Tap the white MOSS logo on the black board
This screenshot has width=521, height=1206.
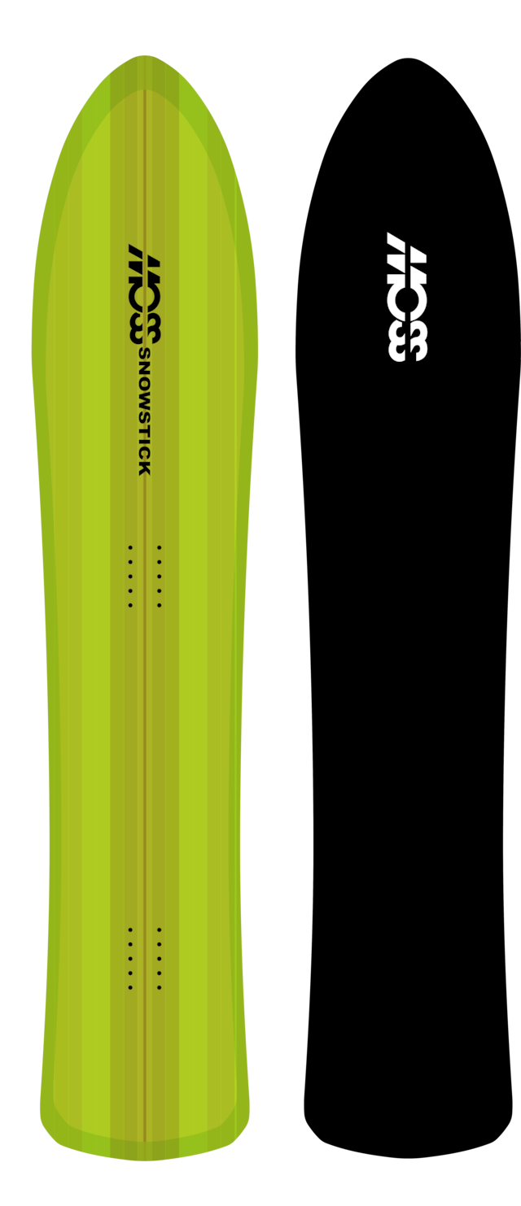click(x=408, y=296)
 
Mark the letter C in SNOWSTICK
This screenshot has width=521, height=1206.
click(x=144, y=455)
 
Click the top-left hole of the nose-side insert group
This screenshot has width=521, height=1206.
click(x=130, y=548)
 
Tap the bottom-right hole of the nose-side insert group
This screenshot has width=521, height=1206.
click(x=160, y=605)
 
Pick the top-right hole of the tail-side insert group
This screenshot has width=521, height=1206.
click(x=160, y=930)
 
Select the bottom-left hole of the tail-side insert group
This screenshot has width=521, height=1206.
click(x=130, y=987)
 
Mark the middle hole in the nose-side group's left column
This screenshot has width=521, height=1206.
click(x=130, y=577)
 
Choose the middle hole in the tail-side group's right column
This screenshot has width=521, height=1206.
click(x=160, y=958)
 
